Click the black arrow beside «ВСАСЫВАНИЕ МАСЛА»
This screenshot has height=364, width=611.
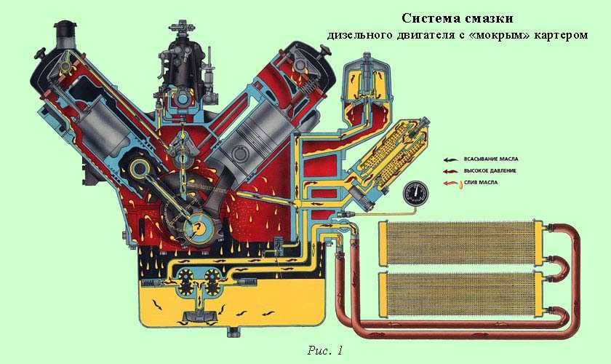click(x=453, y=158)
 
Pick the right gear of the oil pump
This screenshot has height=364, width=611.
click(x=212, y=281)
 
